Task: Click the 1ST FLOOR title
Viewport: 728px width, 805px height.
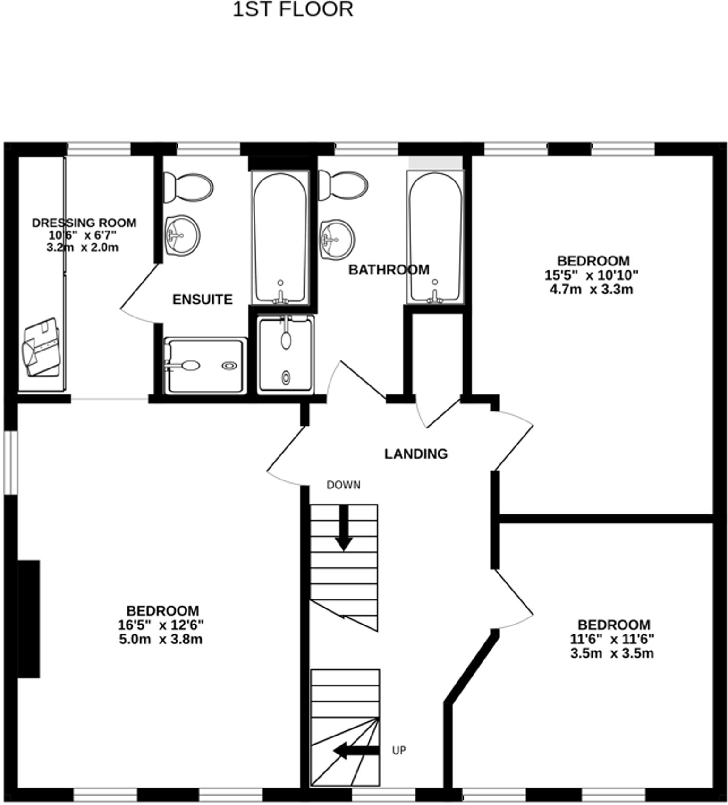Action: [293, 9]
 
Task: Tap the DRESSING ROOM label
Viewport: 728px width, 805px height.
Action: [84, 223]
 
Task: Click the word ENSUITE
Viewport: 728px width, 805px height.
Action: [202, 300]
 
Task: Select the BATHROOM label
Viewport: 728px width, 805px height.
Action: [389, 270]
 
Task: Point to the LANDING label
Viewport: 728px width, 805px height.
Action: [415, 454]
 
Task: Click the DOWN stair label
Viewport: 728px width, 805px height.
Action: [343, 485]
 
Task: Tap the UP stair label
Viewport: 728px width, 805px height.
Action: [399, 750]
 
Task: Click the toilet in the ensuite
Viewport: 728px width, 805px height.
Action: [188, 187]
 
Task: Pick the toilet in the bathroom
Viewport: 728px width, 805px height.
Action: [343, 185]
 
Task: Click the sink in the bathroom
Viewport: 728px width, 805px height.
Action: [337, 239]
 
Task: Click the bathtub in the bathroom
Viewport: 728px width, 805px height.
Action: [434, 236]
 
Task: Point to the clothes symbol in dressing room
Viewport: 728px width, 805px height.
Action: [42, 347]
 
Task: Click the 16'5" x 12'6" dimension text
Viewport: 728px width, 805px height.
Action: [161, 625]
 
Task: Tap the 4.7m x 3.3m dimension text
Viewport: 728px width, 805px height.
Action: [591, 290]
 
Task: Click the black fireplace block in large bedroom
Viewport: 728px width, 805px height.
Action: [29, 619]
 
